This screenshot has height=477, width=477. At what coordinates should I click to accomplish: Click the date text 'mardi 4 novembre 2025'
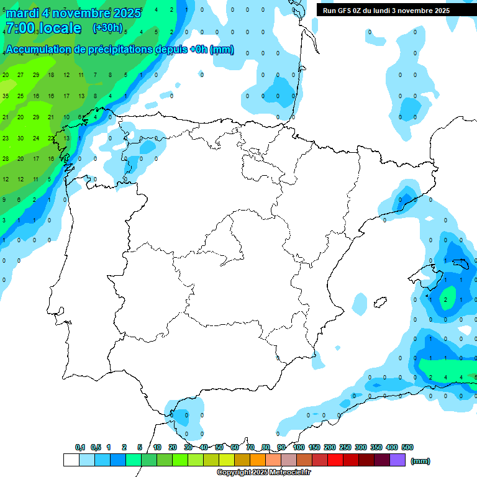73,13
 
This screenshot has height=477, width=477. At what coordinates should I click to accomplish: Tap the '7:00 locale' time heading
43,28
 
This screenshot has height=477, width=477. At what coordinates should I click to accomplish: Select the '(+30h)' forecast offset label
108,27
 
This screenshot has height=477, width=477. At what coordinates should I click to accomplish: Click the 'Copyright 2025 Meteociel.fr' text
263,473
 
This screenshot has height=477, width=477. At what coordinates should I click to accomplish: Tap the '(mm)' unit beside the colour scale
420,461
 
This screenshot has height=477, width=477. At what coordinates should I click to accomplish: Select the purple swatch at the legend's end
397,460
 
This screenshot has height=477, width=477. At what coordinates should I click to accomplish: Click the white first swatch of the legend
71,460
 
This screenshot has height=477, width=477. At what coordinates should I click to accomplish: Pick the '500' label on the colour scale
407,447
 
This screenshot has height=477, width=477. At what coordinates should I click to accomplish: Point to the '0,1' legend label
80,447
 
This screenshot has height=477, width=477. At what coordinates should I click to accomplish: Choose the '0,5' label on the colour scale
96,447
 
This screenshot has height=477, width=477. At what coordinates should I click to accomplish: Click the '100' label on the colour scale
299,447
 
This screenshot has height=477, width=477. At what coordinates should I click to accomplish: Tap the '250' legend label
345,447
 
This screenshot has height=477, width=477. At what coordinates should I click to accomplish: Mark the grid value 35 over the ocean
6,96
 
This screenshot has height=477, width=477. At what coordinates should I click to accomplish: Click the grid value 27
20,75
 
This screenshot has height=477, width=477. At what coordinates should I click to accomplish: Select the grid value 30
20,139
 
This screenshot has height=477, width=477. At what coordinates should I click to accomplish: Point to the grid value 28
6,159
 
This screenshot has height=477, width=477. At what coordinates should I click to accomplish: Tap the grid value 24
36,139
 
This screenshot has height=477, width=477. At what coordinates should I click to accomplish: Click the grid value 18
51,75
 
